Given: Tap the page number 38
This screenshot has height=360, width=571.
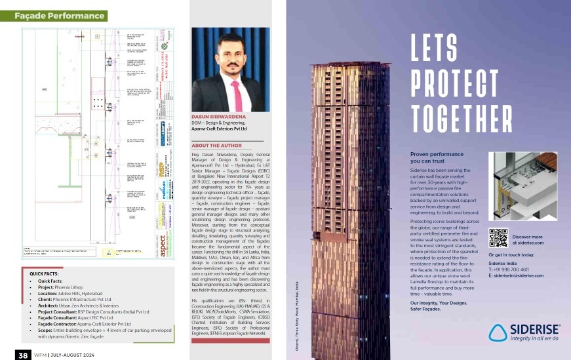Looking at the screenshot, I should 22,355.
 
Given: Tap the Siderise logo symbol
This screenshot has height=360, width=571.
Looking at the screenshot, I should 500,332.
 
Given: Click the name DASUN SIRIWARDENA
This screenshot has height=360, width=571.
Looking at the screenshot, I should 219,115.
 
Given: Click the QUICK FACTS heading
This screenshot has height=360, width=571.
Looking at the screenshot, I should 46,271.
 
